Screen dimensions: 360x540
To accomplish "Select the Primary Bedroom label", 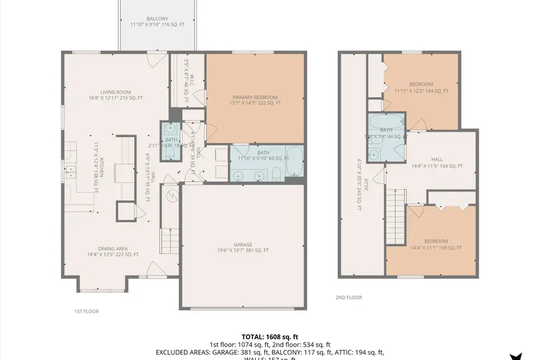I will coord(255,100).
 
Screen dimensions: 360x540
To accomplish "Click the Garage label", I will coord(242,247).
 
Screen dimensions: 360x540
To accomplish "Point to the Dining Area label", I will coord(113,251).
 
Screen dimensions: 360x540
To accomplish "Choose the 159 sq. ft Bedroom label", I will coord(436,244).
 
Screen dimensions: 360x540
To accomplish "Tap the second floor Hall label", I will coord(436,163).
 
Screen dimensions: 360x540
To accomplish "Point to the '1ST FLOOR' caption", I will coord(86,311).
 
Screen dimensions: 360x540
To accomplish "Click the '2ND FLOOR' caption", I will coord(349,297).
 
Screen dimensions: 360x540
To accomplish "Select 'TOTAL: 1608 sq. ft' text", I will coord(269,337).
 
